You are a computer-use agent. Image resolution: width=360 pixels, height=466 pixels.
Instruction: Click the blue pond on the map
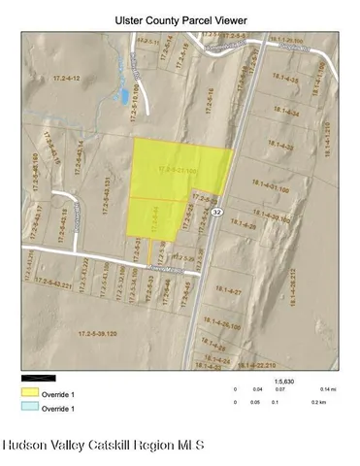click(123, 96)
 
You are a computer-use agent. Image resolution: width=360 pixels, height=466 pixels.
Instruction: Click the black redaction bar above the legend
click(39, 379)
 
